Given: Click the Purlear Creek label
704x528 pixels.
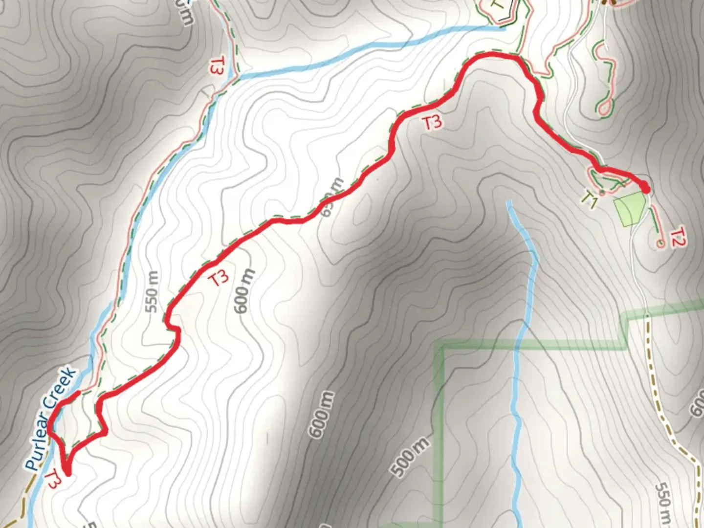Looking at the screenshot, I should click(51, 419).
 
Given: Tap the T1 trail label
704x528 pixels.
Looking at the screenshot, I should click(590, 199).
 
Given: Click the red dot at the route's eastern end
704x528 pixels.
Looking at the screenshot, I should click(645, 188).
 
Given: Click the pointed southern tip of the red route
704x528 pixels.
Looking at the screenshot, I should click(67, 473).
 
